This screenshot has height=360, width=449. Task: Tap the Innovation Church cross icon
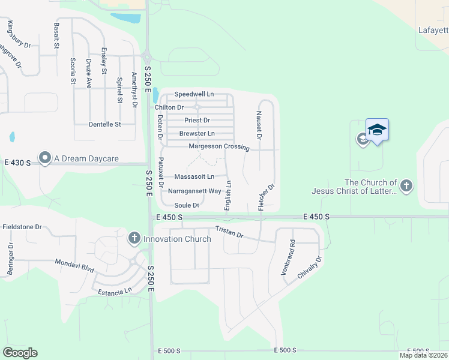coord(134,238)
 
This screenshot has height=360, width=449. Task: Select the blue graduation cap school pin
coord(378,130)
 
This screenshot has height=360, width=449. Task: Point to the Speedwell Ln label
coord(194,95)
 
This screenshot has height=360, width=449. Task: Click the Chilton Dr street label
coord(169,107)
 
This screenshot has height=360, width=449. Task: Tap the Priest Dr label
coord(197,121)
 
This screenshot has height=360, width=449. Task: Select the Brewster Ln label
coord(197,133)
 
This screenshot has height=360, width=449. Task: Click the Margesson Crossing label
coord(218,146)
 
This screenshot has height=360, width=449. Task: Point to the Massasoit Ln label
coord(194,177)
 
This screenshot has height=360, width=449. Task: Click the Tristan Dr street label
coord(229,232)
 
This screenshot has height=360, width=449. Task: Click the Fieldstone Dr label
coord(21,227)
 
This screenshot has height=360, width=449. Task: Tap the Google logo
coord(20,352)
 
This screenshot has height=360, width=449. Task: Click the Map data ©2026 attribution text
coord(423,355)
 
